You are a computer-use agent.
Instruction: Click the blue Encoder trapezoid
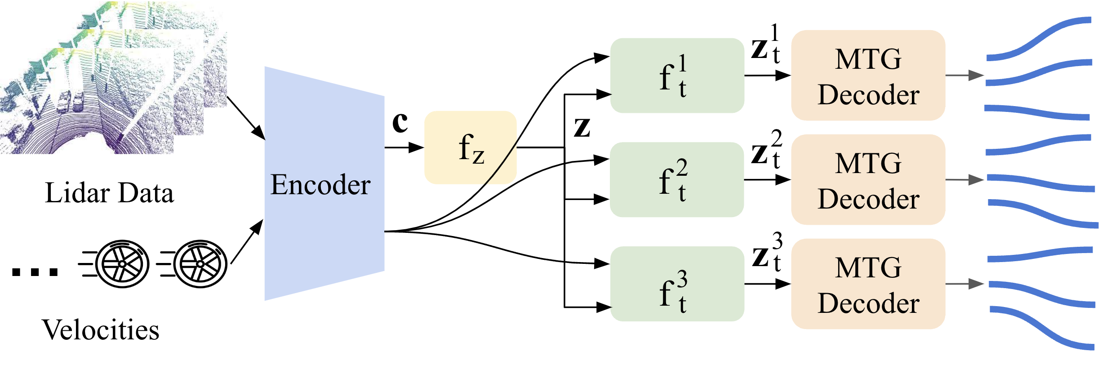(324, 184)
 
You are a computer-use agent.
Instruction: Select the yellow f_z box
(470, 147)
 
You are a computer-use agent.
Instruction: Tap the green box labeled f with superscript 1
(677, 76)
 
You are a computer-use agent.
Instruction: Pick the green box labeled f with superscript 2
(677, 180)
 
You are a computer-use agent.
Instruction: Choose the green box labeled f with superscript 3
(677, 284)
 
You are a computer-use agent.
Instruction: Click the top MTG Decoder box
(868, 76)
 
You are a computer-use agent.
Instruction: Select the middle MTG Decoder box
(868, 180)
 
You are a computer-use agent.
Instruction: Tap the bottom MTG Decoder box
(868, 284)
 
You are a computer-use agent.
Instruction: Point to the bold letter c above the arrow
(400, 122)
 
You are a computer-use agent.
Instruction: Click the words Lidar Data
(109, 193)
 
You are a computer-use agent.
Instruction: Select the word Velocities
(100, 330)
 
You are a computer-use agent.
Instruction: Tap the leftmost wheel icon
(121, 264)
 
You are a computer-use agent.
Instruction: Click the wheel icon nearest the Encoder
(200, 264)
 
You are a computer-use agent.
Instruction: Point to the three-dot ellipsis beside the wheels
(35, 272)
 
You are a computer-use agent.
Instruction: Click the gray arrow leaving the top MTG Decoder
(964, 76)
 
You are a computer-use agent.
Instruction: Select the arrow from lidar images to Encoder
(245, 118)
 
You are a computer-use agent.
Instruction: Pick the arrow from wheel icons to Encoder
(246, 242)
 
